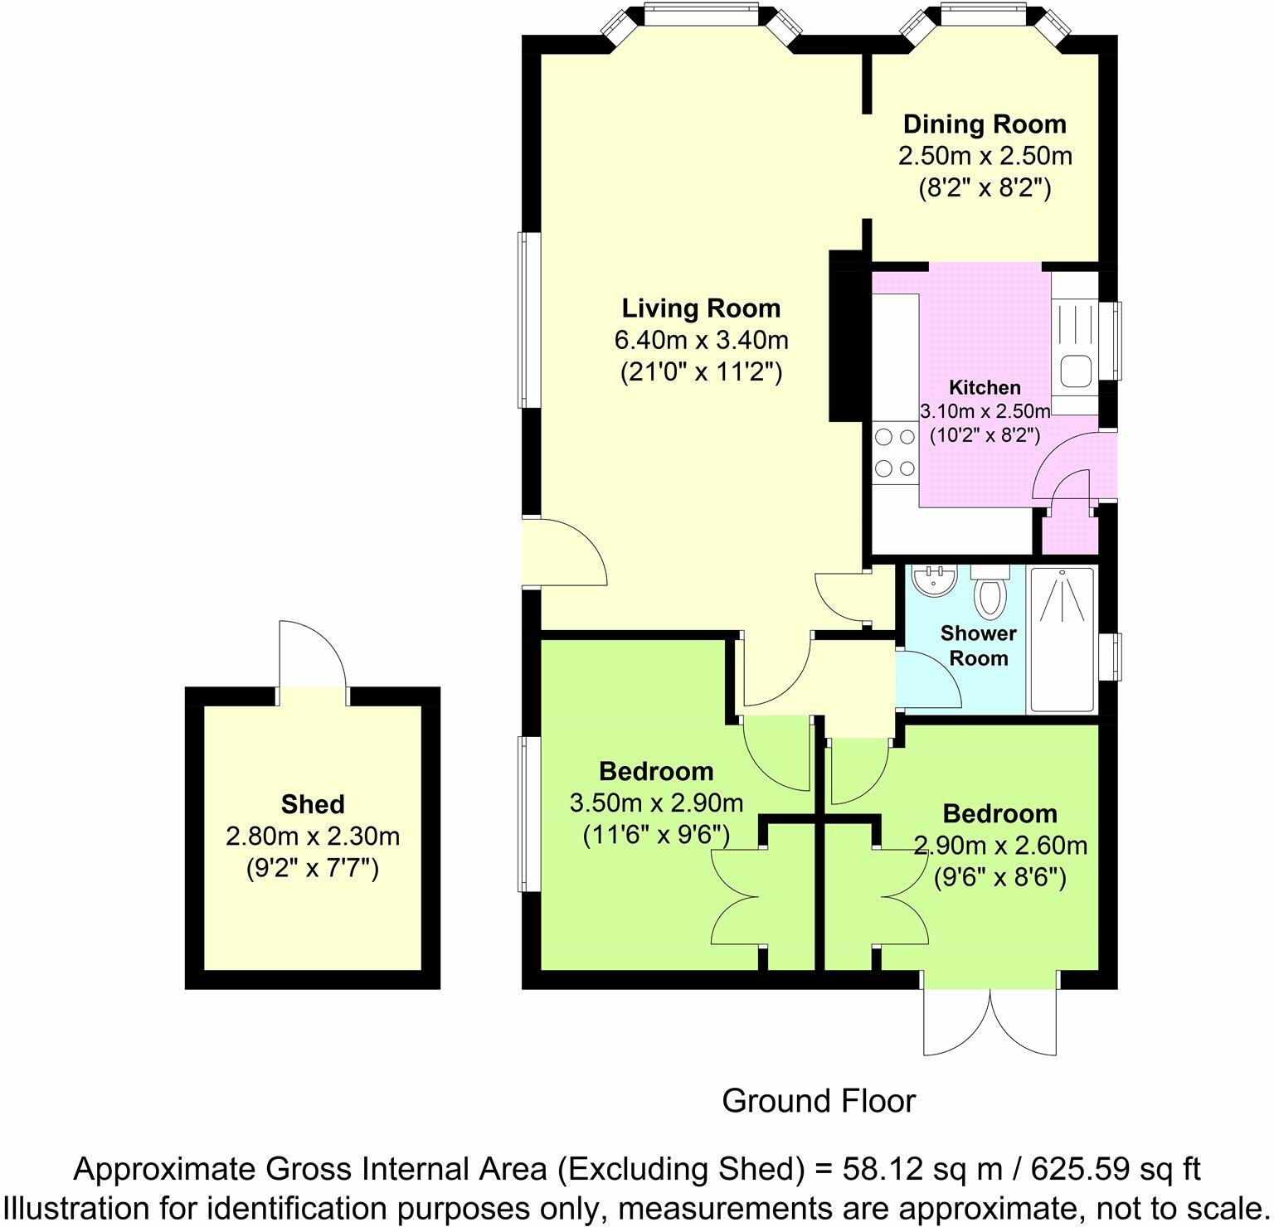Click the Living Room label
(701, 308)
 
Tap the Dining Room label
(984, 124)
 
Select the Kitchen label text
(985, 387)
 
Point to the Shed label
(313, 804)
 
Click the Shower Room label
(978, 646)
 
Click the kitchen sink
(1076, 370)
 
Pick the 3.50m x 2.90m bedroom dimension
(656, 803)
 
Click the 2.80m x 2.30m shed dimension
(313, 836)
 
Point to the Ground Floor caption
(818, 1101)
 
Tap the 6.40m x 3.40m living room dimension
(701, 340)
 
